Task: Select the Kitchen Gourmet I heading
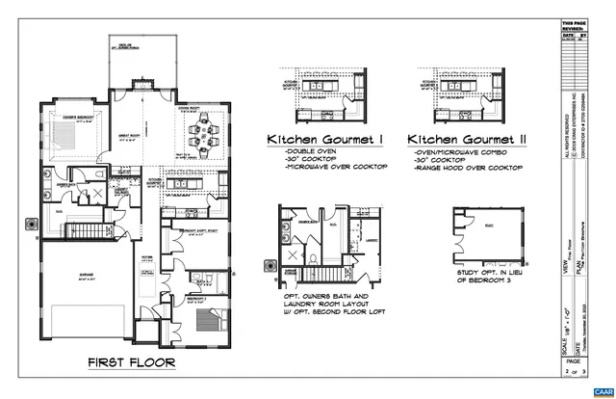325,141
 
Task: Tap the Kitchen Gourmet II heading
466,141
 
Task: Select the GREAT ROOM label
130,136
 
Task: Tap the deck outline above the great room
142,64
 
